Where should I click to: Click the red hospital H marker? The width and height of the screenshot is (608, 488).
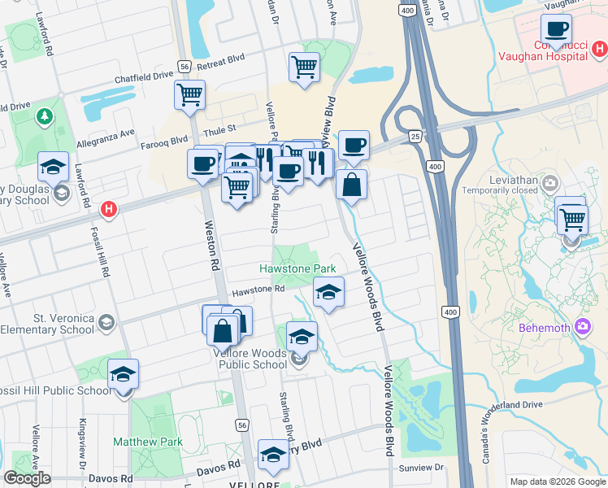pos(109,211)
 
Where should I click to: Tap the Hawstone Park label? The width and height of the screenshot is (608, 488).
pos(297,268)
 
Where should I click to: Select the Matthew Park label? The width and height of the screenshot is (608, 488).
pos(148,442)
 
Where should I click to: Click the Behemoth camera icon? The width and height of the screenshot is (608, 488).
pos(582,328)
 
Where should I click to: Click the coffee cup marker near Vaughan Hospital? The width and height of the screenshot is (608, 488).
pos(556,31)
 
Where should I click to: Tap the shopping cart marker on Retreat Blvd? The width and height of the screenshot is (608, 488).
pos(304,67)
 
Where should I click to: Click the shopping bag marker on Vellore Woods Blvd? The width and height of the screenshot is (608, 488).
pos(351,185)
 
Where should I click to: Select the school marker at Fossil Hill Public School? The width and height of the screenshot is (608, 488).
pos(124,375)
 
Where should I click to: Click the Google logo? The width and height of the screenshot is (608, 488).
pos(27,478)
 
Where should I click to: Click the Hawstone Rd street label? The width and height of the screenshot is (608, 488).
pos(258,289)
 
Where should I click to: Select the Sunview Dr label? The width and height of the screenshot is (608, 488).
pos(421,468)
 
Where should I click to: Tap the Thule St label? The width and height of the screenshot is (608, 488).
pos(219,129)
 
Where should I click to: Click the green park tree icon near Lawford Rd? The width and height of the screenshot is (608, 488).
pos(42,117)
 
